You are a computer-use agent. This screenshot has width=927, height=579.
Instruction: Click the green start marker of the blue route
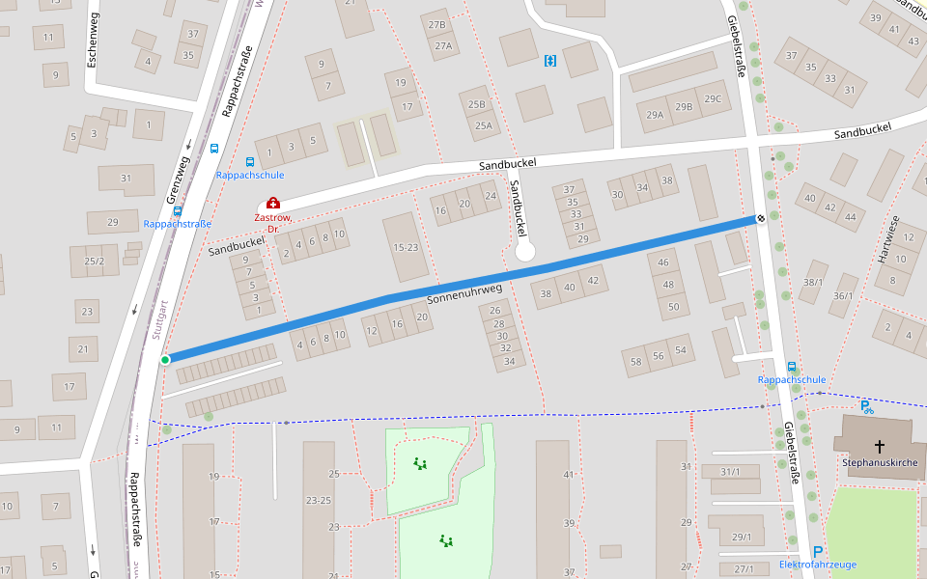pyautogui.click(x=165, y=360)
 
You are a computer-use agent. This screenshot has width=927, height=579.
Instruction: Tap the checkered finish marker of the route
pyautogui.click(x=761, y=219)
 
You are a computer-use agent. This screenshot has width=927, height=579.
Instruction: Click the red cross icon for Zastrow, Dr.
pyautogui.click(x=273, y=203)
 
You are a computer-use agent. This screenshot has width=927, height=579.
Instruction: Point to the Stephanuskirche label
pyautogui.click(x=879, y=463)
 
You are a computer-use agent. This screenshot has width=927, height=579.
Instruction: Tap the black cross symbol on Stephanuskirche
pyautogui.click(x=880, y=446)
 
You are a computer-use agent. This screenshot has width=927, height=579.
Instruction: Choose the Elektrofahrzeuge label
pyautogui.click(x=817, y=565)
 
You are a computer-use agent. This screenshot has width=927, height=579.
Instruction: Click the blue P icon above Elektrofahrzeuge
pyautogui.click(x=818, y=551)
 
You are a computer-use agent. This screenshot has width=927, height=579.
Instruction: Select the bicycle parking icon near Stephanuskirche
pyautogui.click(x=867, y=407)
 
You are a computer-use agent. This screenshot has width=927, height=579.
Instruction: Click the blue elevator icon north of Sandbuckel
pyautogui.click(x=550, y=62)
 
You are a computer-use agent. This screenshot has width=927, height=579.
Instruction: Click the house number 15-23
pyautogui.click(x=407, y=247)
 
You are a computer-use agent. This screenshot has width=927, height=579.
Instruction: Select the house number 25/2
pyautogui.click(x=94, y=261)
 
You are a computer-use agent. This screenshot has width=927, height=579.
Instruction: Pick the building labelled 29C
pyautogui.click(x=713, y=98)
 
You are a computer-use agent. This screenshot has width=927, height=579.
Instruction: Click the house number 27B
pyautogui.click(x=437, y=25)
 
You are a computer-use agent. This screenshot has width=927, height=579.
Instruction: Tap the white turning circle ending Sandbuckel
pyautogui.click(x=524, y=252)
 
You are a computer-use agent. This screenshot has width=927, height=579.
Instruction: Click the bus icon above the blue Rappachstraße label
pyautogui.click(x=178, y=209)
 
